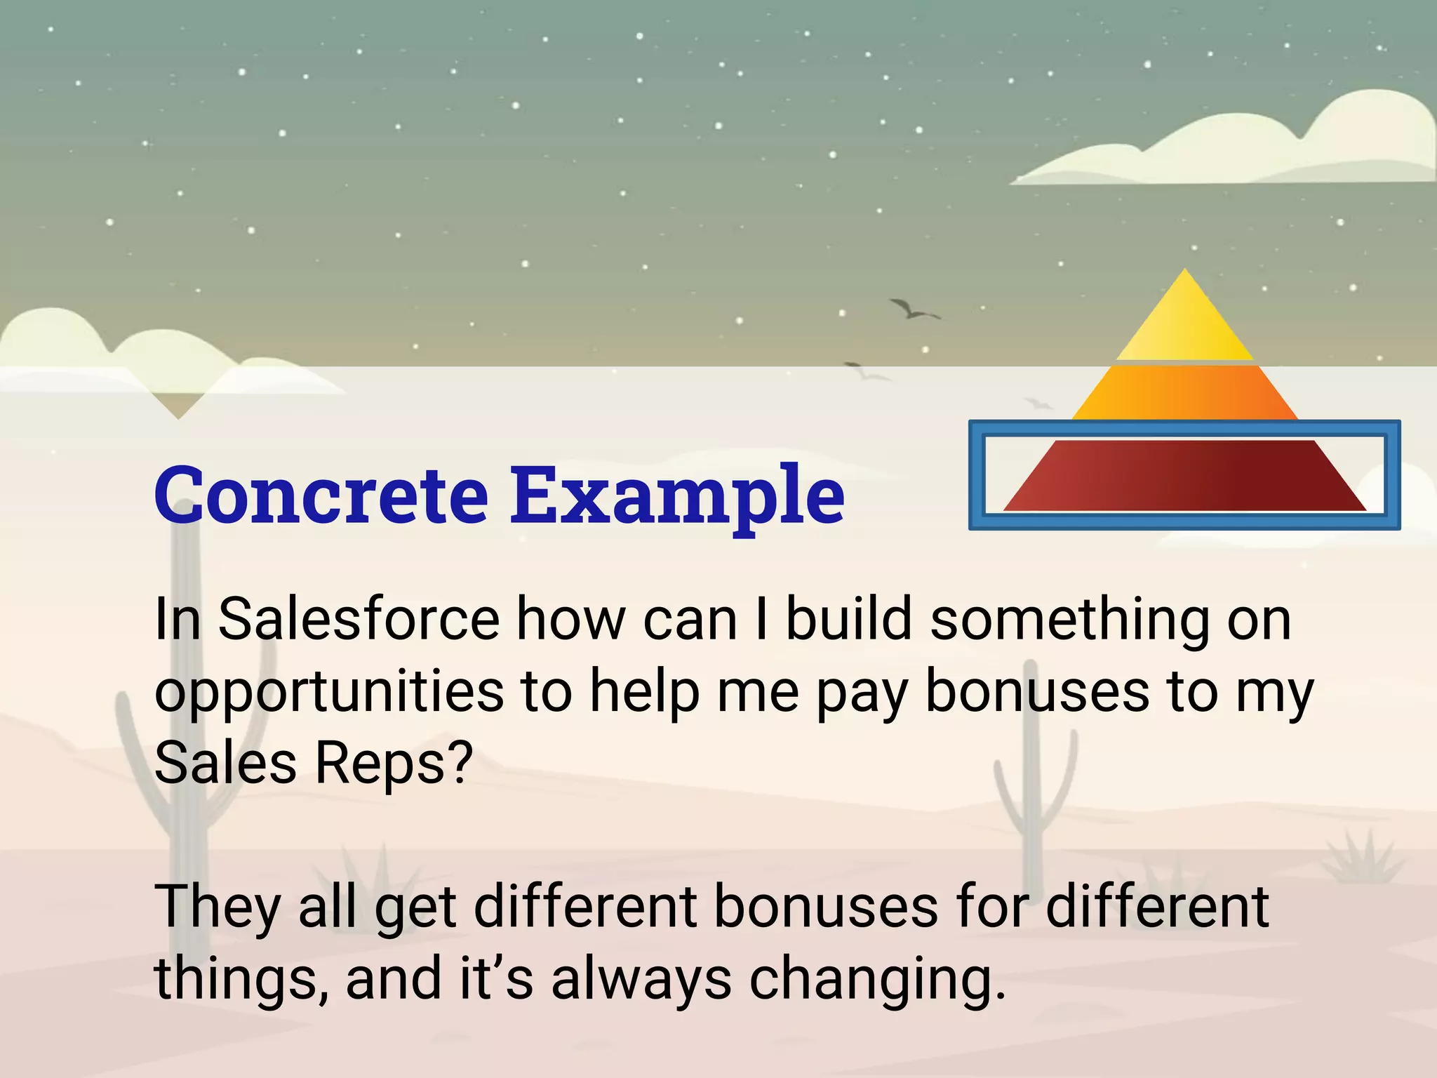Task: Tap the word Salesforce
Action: (359, 619)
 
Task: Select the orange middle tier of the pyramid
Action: (1184, 393)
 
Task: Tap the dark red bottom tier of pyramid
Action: (1184, 476)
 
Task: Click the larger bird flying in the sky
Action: (911, 310)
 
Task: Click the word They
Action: (218, 907)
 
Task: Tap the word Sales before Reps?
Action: (225, 763)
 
